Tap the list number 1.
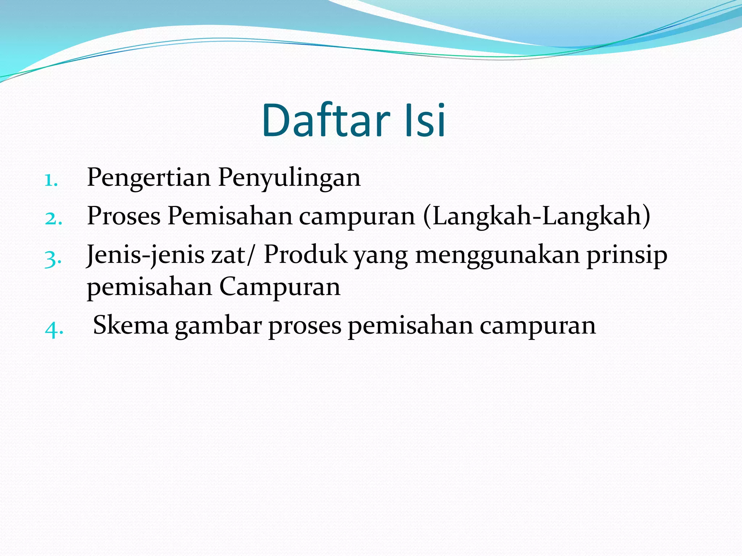coord(51,180)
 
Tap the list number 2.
coord(53,219)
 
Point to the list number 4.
coord(54,329)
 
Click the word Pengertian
coord(149,178)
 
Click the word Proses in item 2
coord(124,216)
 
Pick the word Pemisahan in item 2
coord(230,216)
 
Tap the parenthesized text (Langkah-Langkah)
coord(537,216)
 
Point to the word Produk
coord(305,254)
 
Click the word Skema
coord(131,325)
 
